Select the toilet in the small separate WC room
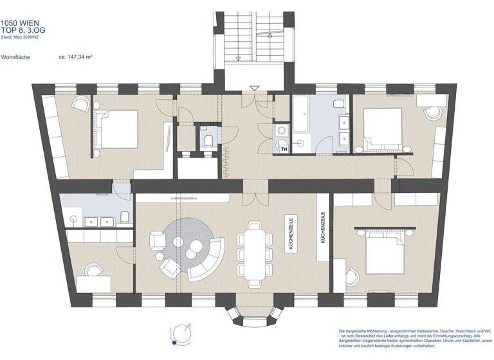tap(206, 140)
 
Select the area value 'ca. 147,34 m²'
tap(76, 57)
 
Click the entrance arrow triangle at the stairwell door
tap(255, 88)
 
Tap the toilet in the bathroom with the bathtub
tap(338, 104)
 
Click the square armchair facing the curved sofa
tap(158, 240)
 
